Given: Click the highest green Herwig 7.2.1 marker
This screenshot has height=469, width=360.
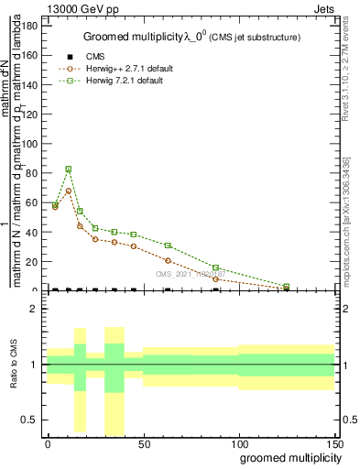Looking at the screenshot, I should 69,169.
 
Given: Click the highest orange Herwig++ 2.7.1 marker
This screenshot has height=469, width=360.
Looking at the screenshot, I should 69,191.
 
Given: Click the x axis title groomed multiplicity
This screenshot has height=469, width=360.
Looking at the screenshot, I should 287,457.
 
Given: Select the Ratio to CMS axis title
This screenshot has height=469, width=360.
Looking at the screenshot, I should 15,365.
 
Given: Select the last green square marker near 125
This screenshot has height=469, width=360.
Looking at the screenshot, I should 287,286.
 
